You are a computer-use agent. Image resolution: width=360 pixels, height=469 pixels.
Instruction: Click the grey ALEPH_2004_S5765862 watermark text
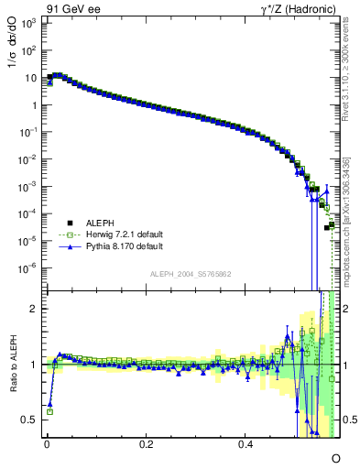click(191, 274)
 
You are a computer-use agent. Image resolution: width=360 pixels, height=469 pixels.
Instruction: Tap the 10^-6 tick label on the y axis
click(29, 268)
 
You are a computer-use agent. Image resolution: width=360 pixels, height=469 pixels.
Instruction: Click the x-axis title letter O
click(335, 457)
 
